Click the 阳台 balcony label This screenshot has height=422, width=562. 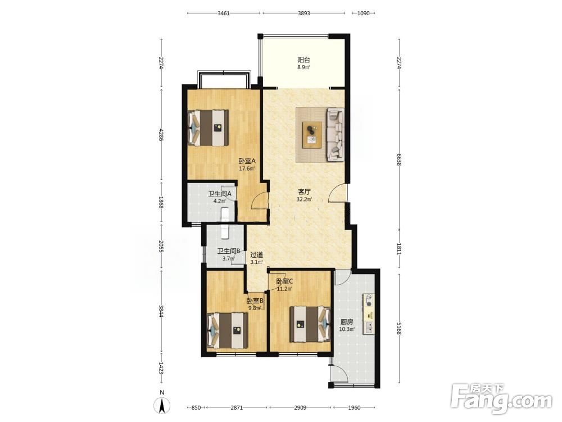coord(303,60)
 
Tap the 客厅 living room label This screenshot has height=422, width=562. coord(304,192)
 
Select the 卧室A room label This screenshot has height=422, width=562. coord(247,161)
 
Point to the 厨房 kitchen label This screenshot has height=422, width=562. coord(347,322)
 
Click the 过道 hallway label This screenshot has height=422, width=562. coord(256,255)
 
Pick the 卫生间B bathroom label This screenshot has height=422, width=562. coord(229,251)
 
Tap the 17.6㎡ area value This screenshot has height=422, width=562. coord(247,169)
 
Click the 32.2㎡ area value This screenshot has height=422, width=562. coord(304,200)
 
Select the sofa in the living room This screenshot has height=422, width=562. coord(334,134)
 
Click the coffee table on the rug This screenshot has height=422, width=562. coord(312,134)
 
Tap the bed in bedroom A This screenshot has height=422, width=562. coord(209,128)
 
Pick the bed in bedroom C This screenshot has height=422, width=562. coord(310,324)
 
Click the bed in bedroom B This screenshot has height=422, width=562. coord(228,330)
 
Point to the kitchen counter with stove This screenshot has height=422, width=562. coord(369,314)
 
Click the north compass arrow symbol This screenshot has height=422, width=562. coord(162,406)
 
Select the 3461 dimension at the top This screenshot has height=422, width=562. coord(223,14)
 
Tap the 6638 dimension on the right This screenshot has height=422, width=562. coord(399,160)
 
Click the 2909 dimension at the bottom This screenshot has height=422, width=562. coord(300,407)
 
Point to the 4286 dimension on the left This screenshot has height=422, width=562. coord(161,134)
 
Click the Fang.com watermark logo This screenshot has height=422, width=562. coord(501,399)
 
